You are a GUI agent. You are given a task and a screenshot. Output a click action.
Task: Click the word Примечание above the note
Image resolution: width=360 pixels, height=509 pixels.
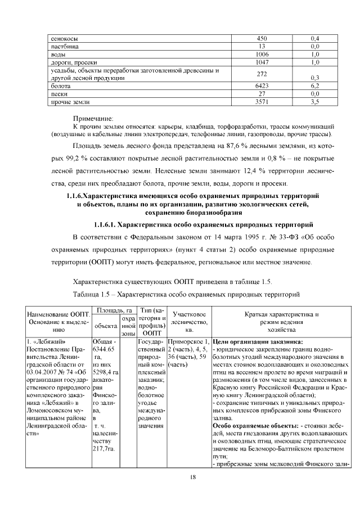click(93, 119)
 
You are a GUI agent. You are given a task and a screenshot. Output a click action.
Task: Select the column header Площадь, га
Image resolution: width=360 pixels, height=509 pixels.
click(114, 310)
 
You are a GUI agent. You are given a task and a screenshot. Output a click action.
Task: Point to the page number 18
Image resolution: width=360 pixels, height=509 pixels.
click(192, 477)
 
